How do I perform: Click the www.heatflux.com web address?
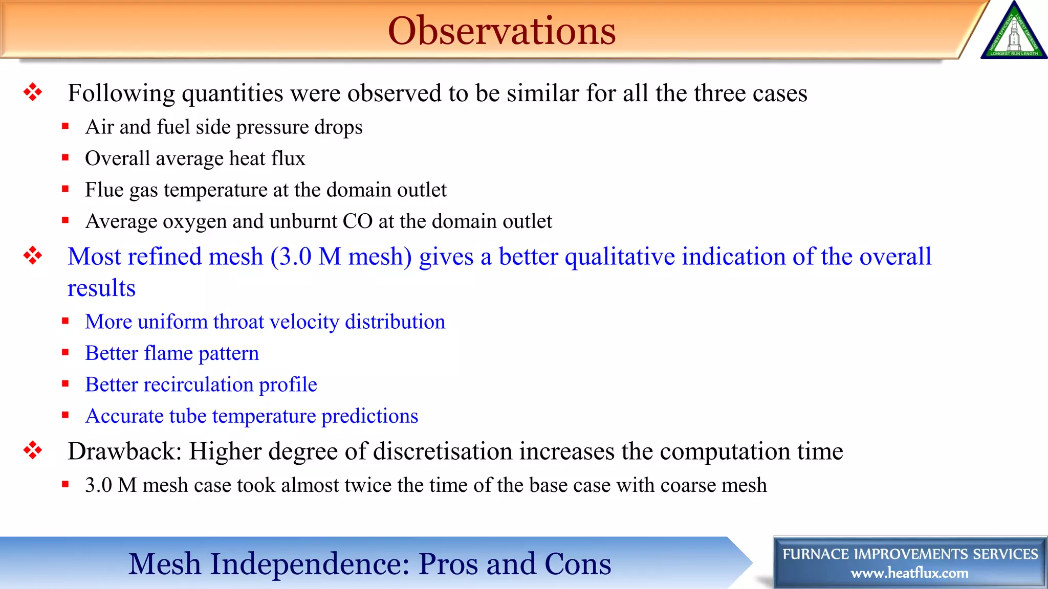909,573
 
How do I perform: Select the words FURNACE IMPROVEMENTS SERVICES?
910,554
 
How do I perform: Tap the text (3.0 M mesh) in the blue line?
341,257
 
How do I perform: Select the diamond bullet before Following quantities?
33,93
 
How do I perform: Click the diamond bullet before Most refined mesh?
33,256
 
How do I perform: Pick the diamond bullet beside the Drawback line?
33,450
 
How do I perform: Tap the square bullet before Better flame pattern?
65,352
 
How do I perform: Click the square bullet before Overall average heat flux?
65,157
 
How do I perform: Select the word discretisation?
443,451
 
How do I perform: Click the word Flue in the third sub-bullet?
104,190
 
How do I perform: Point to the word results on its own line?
101,288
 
